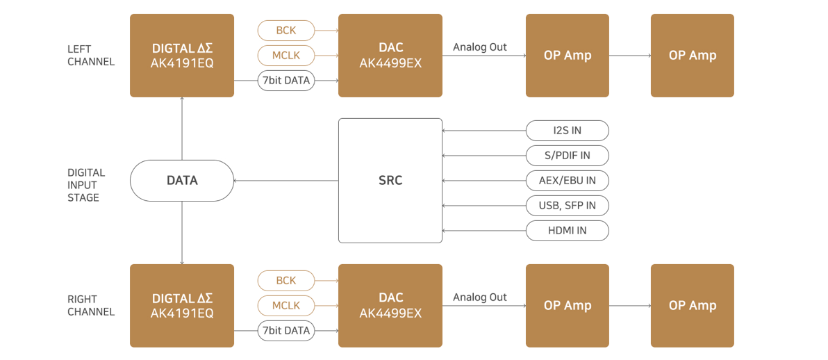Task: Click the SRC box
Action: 390,180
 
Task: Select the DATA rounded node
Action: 182,180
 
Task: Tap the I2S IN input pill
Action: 567,130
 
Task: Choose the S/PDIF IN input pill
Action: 567,156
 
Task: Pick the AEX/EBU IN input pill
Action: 567,180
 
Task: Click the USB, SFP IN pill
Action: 567,205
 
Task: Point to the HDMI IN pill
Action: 567,231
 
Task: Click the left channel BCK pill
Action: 286,30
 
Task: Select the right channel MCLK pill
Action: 286,306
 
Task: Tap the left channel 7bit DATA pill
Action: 286,81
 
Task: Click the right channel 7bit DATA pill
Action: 286,330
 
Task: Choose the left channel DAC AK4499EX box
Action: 390,56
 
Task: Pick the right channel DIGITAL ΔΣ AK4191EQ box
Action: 182,306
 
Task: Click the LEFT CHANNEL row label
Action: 91,56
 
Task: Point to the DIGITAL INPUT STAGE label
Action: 86,185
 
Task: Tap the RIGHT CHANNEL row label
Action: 91,306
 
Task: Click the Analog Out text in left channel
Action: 479,47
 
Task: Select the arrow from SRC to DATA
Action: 286,181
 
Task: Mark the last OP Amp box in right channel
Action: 693,306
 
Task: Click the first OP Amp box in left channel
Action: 567,56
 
